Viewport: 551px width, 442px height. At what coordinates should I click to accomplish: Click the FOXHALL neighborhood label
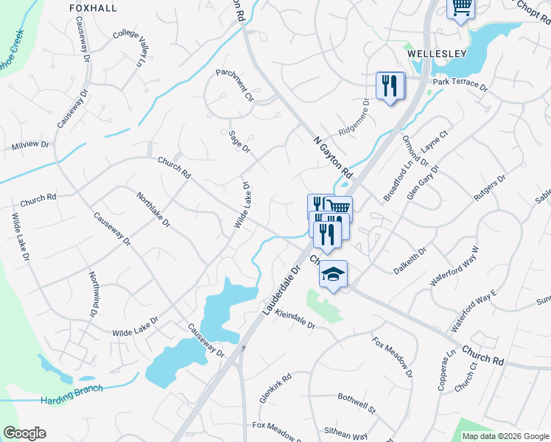click(x=93, y=7)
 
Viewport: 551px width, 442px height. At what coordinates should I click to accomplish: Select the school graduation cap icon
click(x=333, y=274)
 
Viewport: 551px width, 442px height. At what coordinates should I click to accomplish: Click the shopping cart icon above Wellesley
click(x=461, y=7)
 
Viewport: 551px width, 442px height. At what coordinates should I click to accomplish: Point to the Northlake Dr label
click(x=153, y=209)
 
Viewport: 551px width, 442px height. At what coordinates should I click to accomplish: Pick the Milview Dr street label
click(x=30, y=146)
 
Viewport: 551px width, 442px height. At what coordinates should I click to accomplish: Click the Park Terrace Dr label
click(x=460, y=83)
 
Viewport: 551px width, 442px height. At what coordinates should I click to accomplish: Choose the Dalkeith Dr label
click(x=410, y=262)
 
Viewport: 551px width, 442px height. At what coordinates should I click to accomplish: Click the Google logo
click(x=24, y=433)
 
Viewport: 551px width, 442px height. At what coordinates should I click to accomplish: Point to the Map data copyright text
click(x=505, y=436)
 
